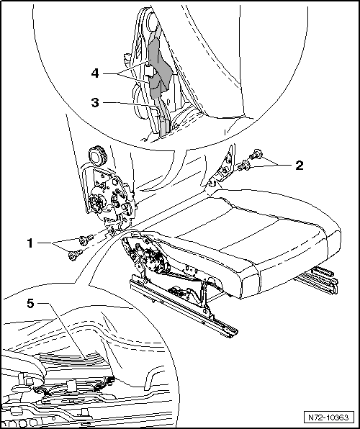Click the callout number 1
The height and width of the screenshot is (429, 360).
(x=30, y=243)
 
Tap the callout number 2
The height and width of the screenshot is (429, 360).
(x=300, y=166)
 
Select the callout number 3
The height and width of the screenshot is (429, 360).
(x=95, y=103)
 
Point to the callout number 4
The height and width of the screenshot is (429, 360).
(x=95, y=73)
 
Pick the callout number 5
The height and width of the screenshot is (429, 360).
(x=31, y=303)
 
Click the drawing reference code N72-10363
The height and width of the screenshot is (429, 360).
(x=328, y=417)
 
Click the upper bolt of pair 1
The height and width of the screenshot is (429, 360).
(x=85, y=239)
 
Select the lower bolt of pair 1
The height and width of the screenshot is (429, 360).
(x=75, y=255)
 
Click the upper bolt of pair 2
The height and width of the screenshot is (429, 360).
(x=256, y=154)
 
